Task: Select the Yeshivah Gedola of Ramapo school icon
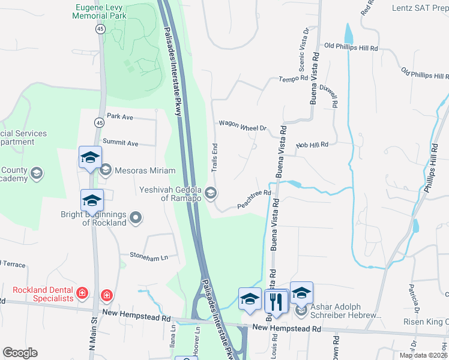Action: click(211, 193)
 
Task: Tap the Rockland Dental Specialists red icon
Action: click(82, 294)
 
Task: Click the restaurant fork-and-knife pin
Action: click(276, 301)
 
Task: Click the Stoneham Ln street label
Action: click(149, 257)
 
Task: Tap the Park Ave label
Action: click(119, 116)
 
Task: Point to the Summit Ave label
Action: click(120, 143)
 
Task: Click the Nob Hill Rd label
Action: click(312, 145)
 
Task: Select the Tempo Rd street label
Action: click(293, 79)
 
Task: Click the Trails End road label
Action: click(215, 155)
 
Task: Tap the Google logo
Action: click(20, 353)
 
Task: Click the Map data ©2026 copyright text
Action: click(423, 355)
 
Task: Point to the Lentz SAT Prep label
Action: click(420, 8)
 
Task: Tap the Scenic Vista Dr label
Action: click(301, 47)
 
